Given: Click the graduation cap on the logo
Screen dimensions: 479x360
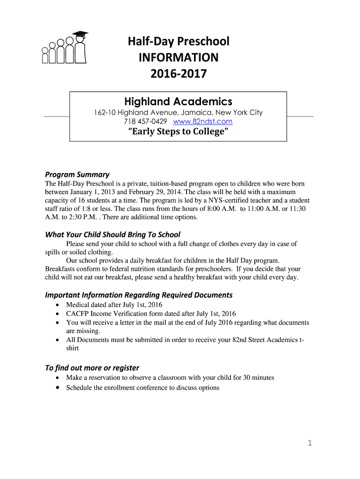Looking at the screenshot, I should point(80,34).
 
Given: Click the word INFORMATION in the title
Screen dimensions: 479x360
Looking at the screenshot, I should point(178,58).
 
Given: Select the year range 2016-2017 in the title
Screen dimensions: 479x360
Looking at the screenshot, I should point(178,74).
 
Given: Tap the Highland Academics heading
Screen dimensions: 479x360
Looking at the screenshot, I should point(178,101).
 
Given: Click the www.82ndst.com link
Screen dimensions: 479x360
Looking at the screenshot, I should point(202,122).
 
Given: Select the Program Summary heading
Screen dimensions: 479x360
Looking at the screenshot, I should point(77,174).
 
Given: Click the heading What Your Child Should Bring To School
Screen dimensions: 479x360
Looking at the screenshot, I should point(112,234).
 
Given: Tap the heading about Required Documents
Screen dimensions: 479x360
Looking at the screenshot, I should point(138,295).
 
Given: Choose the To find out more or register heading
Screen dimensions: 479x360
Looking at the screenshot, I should point(92,368).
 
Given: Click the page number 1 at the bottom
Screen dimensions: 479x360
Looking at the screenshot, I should point(310,443).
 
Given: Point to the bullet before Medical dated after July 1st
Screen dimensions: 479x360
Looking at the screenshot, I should point(57,305).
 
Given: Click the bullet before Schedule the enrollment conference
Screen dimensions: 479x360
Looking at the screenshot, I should point(57,388).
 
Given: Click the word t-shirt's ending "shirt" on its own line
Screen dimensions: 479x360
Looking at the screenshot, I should point(72,348).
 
